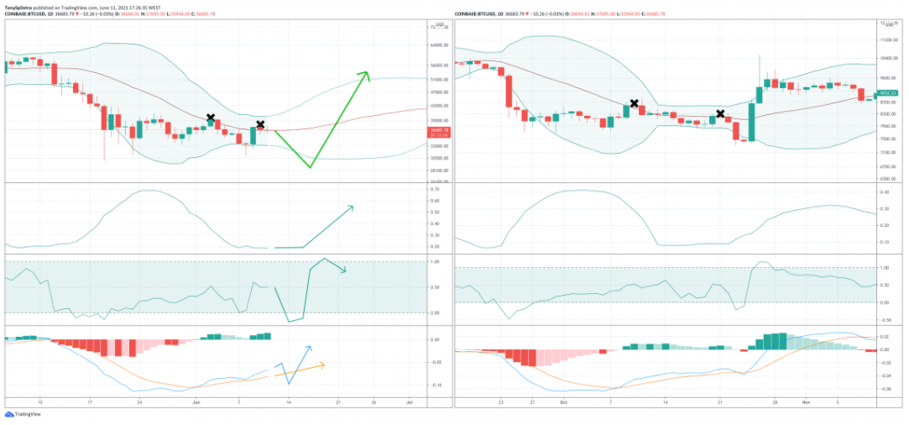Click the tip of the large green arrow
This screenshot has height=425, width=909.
(x=367, y=72)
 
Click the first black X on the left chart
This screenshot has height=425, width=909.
(x=211, y=118)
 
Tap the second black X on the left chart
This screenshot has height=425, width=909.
(x=261, y=124)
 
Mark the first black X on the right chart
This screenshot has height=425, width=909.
(x=635, y=103)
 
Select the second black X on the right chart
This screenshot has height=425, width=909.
(x=720, y=113)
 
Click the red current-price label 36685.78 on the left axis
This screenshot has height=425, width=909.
(x=438, y=130)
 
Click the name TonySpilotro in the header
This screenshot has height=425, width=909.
(x=21, y=6)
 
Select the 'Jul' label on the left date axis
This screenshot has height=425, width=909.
(x=409, y=403)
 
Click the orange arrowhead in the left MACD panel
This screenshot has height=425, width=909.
(x=322, y=365)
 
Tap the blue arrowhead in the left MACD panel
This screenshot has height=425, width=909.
(x=310, y=347)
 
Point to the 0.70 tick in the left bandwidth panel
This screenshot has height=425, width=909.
(x=435, y=189)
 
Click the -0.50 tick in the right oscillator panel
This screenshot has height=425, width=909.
(x=885, y=320)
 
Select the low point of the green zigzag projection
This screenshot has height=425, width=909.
(x=310, y=167)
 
